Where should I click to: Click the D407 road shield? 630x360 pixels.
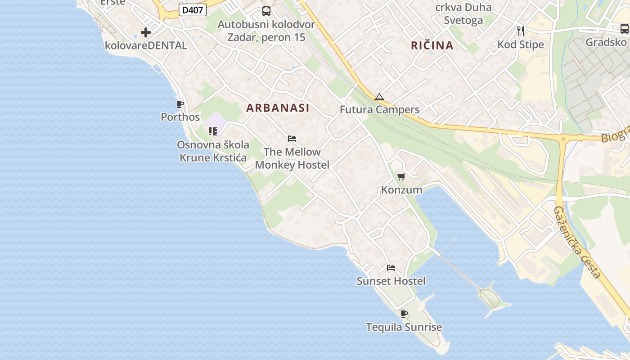[x=193, y=10]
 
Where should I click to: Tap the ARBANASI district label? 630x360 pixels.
[x=278, y=108]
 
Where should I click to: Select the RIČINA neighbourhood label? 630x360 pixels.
[x=432, y=45]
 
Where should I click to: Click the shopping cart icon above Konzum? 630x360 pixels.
[x=401, y=177]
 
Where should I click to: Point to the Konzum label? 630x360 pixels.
[x=402, y=190]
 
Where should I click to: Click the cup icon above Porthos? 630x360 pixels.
[x=180, y=105]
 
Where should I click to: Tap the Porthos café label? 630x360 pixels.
[x=180, y=117]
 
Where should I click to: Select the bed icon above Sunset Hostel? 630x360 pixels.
[x=391, y=268]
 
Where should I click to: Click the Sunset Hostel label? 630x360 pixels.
[x=391, y=281]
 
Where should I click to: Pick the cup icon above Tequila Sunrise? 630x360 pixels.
[x=404, y=314]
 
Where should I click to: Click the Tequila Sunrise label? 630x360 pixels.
[x=404, y=327]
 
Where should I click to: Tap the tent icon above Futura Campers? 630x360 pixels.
[x=379, y=97]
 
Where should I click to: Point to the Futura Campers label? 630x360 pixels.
[x=379, y=110]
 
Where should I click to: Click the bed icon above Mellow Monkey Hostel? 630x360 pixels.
[x=292, y=139]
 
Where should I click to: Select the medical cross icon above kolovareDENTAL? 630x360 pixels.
[x=146, y=32]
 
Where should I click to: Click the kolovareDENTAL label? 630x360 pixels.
[x=146, y=45]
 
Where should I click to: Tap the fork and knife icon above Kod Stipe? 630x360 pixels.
[x=521, y=31]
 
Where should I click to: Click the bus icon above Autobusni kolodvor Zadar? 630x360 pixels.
[x=266, y=11]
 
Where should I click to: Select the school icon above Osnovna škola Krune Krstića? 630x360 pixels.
[x=213, y=131]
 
